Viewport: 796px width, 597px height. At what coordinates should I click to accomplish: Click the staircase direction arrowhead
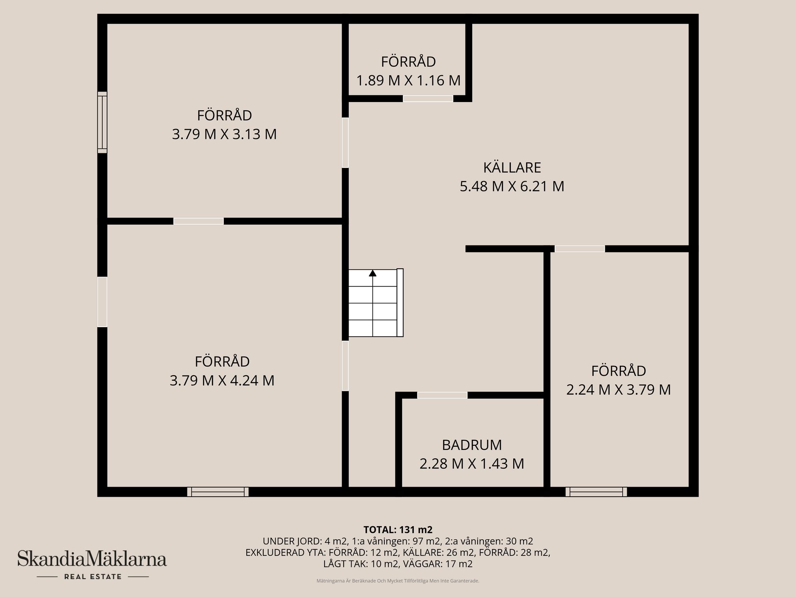pyautogui.click(x=373, y=273)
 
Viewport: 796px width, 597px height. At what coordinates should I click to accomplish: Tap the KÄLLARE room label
pyautogui.click(x=512, y=167)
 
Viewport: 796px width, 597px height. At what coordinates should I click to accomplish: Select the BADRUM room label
pyautogui.click(x=472, y=445)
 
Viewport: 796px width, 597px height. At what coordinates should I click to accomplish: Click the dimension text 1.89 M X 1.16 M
pyautogui.click(x=408, y=80)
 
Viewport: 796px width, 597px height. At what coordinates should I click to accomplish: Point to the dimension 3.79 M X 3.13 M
pyautogui.click(x=224, y=134)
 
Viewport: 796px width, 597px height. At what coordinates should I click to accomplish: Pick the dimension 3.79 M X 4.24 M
pyautogui.click(x=222, y=380)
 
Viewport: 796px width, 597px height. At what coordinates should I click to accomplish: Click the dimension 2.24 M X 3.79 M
pyautogui.click(x=619, y=390)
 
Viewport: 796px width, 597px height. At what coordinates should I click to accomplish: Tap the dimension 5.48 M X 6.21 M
pyautogui.click(x=512, y=186)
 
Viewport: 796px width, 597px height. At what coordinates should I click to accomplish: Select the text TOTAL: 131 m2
pyautogui.click(x=398, y=529)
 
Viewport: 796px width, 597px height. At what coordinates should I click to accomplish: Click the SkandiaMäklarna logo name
pyautogui.click(x=92, y=559)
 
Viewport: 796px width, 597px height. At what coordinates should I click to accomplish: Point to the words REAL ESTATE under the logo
pyautogui.click(x=93, y=577)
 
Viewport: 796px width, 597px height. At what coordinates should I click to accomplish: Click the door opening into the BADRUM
pyautogui.click(x=442, y=395)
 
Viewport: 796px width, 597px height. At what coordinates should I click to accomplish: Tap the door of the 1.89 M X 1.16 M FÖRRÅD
pyautogui.click(x=428, y=99)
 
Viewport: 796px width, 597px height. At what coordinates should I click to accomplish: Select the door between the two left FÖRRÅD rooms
pyautogui.click(x=198, y=221)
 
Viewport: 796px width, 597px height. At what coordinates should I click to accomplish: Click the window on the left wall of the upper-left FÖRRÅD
pyautogui.click(x=102, y=122)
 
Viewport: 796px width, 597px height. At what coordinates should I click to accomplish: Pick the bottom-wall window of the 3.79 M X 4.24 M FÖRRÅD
pyautogui.click(x=218, y=492)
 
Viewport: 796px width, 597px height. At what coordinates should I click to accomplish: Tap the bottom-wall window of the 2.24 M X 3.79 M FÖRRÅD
pyautogui.click(x=596, y=492)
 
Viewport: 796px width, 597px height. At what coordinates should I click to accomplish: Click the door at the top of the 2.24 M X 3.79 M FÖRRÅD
pyautogui.click(x=580, y=249)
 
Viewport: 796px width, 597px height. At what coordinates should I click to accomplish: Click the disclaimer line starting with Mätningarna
pyautogui.click(x=398, y=581)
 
